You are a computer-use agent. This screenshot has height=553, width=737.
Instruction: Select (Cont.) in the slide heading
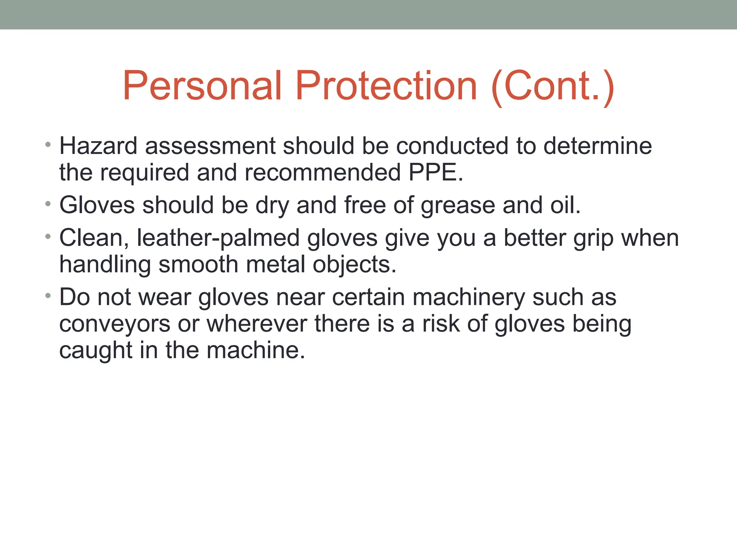552,86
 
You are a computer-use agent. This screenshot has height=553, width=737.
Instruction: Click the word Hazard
98,146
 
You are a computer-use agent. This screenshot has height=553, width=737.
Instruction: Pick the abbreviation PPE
435,172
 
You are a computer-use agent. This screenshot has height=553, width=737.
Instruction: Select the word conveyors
114,324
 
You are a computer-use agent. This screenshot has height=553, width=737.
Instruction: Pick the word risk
440,324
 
